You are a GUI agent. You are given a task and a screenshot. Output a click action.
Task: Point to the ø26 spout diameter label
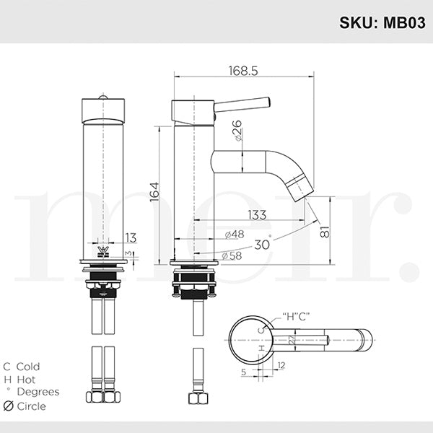[237, 131]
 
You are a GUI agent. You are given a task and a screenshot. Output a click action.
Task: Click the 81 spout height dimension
[325, 232]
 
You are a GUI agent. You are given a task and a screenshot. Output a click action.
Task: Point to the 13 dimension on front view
[130, 237]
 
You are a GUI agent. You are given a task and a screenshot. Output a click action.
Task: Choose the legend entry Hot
[25, 380]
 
